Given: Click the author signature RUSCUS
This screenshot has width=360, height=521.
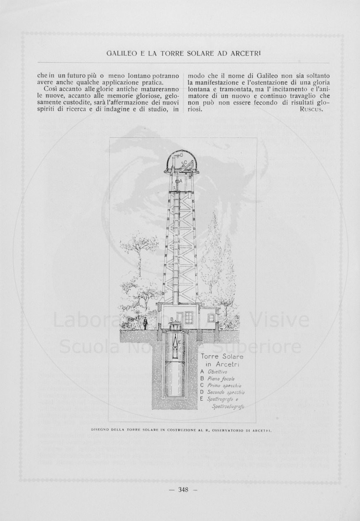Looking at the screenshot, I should point(312,109).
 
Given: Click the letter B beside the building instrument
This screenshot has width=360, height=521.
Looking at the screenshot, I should point(172,319).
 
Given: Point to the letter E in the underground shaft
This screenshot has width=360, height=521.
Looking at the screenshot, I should point(179,342).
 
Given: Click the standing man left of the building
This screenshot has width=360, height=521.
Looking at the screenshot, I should point(145,323).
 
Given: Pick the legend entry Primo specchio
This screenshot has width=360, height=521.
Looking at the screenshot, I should point(224,386).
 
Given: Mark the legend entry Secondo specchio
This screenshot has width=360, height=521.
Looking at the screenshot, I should point(226,392).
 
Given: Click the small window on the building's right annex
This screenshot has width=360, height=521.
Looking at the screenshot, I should point(211,318).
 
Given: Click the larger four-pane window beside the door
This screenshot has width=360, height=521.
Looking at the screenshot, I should point(189,317).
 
